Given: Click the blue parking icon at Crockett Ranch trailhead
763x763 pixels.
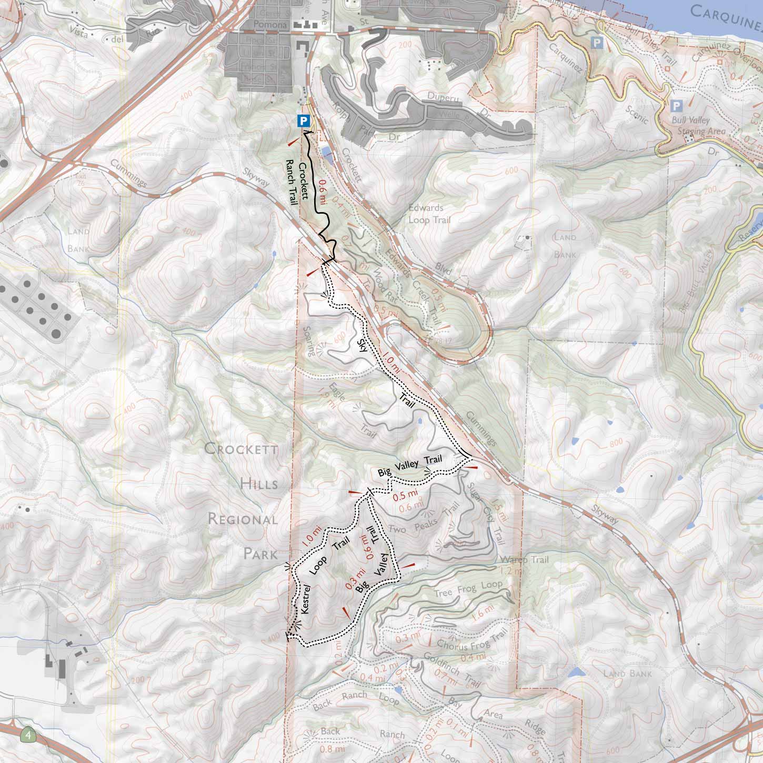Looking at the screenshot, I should point(303,121).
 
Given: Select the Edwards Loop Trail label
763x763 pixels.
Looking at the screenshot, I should point(429,214).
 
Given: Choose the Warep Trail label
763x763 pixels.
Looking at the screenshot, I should point(525,560).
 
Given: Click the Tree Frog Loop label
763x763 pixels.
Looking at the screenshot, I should point(468,589).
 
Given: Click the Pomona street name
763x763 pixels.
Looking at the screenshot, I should point(269,25).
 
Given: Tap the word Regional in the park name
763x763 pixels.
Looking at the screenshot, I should point(242,519).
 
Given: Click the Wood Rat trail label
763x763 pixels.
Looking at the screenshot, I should point(386,285).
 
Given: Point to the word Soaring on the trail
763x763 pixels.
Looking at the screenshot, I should point(309,341).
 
